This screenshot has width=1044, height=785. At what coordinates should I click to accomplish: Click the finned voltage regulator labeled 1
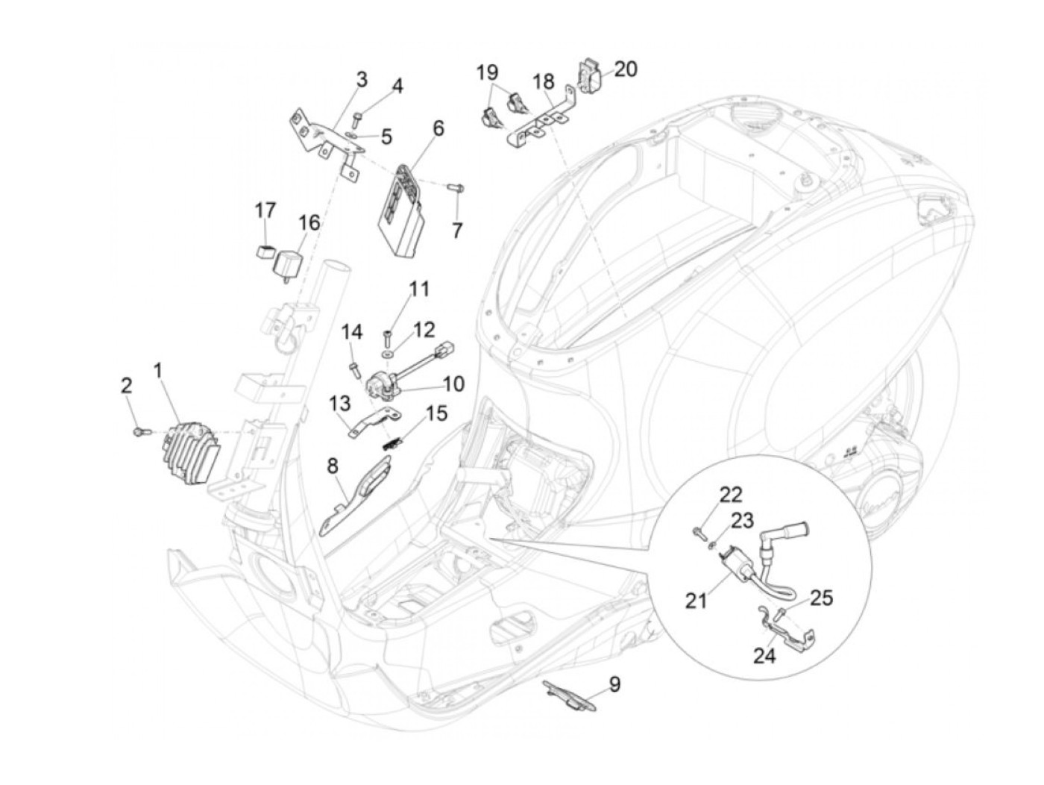tap(191, 452)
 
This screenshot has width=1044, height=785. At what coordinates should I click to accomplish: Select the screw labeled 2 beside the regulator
tap(141, 431)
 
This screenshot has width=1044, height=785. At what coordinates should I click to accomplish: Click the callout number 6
tap(438, 128)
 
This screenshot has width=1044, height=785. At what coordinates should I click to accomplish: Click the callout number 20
tap(626, 69)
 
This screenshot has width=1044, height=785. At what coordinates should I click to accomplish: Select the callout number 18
tap(544, 82)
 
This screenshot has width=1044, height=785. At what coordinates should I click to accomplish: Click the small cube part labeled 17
tap(265, 251)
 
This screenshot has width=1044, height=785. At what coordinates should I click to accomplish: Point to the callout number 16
tap(309, 222)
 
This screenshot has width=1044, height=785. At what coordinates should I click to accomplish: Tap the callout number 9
tap(614, 684)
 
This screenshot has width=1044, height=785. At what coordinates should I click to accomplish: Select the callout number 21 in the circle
tap(696, 601)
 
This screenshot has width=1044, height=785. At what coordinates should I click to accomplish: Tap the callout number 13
tap(339, 404)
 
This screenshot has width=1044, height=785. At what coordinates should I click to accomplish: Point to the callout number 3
tap(362, 79)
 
